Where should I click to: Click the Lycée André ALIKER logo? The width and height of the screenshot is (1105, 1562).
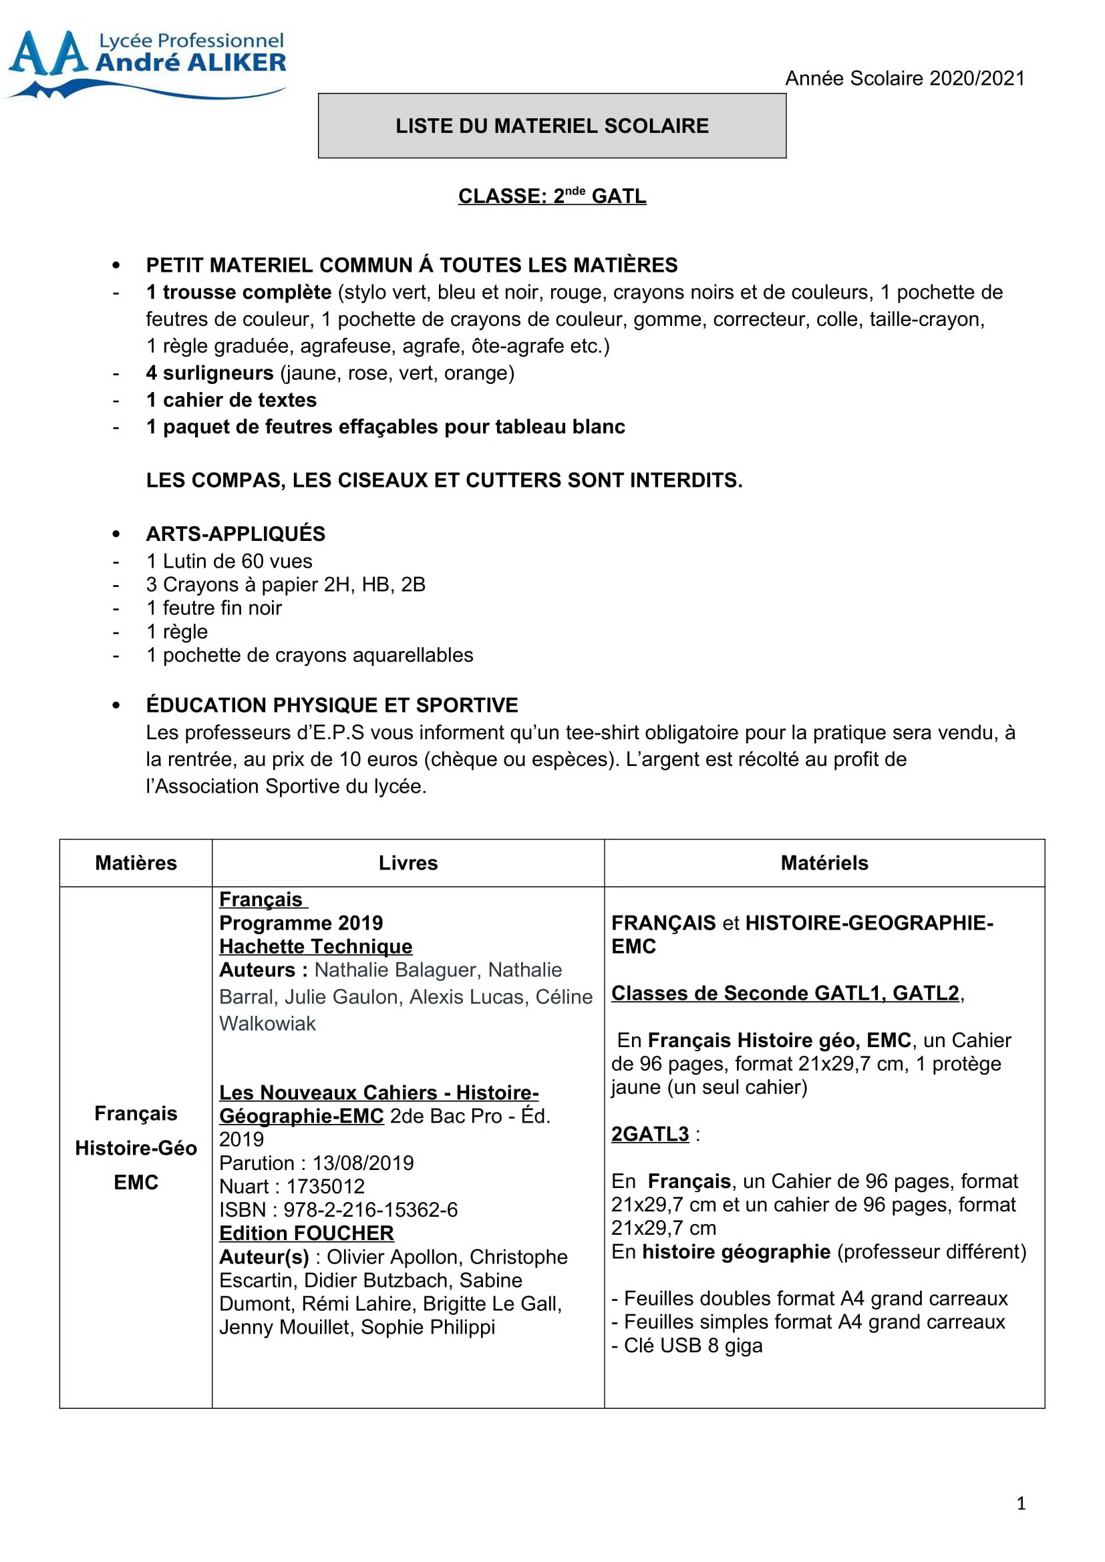click(x=146, y=63)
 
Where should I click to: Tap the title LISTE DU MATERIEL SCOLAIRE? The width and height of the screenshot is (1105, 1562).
click(x=552, y=126)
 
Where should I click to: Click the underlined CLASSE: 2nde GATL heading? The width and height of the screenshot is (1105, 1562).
click(x=552, y=196)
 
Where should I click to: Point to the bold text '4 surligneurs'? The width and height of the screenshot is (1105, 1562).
click(x=210, y=373)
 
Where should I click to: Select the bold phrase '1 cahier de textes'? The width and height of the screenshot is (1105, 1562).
click(x=231, y=400)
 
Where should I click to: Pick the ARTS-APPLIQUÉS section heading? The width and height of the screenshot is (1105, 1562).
click(x=235, y=534)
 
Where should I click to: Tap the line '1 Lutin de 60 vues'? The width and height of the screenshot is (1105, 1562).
click(x=229, y=561)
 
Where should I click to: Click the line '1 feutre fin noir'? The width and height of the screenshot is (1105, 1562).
click(x=214, y=608)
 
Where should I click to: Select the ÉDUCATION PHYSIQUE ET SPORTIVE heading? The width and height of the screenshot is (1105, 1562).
click(x=332, y=705)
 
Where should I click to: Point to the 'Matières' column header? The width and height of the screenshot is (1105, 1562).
click(x=136, y=863)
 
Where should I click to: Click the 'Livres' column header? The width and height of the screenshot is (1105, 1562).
click(x=408, y=863)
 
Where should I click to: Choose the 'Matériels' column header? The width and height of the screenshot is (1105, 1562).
click(x=824, y=863)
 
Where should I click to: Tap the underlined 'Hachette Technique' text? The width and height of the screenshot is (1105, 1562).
click(x=316, y=946)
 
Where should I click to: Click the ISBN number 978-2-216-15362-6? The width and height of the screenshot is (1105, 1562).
click(x=370, y=1209)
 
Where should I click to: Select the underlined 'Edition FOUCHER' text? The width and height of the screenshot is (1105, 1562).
click(x=306, y=1233)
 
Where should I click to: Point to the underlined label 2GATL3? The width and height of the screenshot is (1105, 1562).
click(x=650, y=1134)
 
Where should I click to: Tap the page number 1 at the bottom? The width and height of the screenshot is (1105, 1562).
click(x=1021, y=1503)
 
